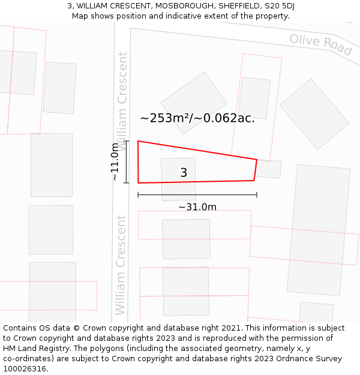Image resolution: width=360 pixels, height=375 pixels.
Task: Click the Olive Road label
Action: pos(320,44)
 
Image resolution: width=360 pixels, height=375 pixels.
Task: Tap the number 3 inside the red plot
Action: pos(184,173)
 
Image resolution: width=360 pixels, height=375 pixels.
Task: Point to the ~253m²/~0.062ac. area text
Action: pos(197,118)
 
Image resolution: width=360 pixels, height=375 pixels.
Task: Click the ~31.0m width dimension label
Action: pos(197,207)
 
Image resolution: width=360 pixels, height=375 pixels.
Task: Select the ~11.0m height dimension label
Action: pos(116,161)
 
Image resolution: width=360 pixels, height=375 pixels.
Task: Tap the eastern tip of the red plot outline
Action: pos(257,160)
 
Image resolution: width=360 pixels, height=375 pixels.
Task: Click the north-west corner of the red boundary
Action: pos(139,142)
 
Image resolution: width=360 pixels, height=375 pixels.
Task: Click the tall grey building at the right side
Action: pos(319,230)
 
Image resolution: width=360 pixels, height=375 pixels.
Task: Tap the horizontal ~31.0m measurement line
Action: pos(197,195)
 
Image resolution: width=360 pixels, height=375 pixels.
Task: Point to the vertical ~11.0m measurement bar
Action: pos(127,161)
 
